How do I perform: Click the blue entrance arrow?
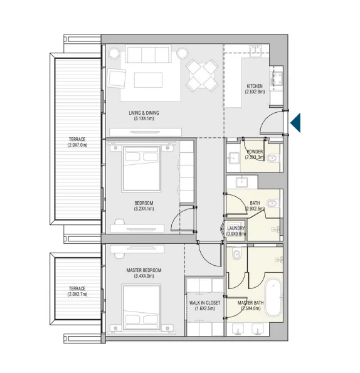point(297,123)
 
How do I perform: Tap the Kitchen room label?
point(255,86)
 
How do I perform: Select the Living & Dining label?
point(144,113)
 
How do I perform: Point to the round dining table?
point(202,75)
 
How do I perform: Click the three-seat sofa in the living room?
point(148,55)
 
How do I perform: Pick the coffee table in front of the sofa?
point(148,80)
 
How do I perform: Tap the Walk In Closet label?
point(204,303)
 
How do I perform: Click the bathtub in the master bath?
point(273,298)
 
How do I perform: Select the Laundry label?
point(236,228)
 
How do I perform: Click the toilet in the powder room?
point(273,158)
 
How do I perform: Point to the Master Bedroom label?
point(144,270)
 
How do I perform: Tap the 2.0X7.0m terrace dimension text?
point(77,145)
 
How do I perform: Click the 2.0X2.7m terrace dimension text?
point(77,294)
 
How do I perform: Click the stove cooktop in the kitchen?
point(277,78)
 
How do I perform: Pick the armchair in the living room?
point(117,78)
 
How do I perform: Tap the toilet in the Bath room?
point(273,203)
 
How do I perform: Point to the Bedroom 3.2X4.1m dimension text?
point(144,209)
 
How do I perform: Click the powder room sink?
point(233,158)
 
